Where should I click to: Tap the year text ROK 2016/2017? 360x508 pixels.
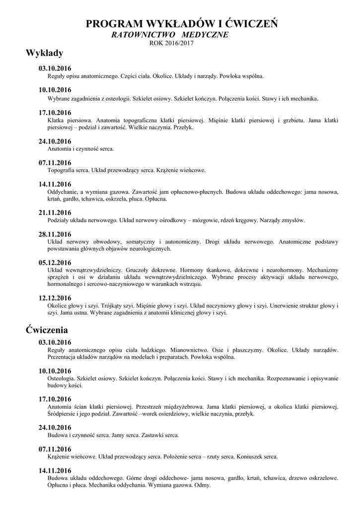(171, 43)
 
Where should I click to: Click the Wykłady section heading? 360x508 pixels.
(44, 53)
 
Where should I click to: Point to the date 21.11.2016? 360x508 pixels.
(55, 213)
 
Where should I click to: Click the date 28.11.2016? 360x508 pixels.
(55, 234)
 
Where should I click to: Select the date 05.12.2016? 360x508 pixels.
(55, 262)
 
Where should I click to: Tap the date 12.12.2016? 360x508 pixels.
(55, 298)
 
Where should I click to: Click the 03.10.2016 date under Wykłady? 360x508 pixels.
(55, 68)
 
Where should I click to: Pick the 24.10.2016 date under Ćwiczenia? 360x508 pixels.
(55, 427)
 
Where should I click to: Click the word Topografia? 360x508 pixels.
(62, 170)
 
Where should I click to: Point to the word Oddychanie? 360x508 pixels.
(63, 191)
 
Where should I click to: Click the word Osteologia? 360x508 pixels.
(62, 378)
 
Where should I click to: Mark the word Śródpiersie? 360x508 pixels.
(63, 413)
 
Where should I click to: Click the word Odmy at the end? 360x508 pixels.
(201, 485)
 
